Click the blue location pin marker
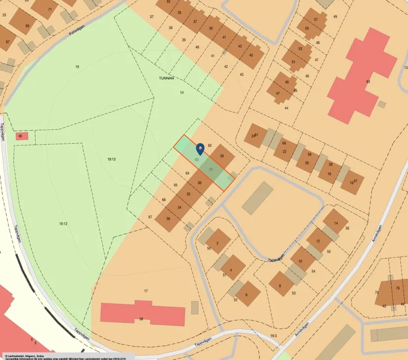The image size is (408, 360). (x=200, y=148)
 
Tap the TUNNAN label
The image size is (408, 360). (x=166, y=78)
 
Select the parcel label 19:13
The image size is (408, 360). (x=111, y=159)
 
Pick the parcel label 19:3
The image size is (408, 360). (x=273, y=336)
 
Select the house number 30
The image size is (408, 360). (x=199, y=183)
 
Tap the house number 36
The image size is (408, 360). (x=168, y=219)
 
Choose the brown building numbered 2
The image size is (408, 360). (x=218, y=242)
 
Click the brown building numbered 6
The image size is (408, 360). (x=246, y=295)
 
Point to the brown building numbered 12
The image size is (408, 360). (x=317, y=241)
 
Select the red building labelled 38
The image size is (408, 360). (x=142, y=314)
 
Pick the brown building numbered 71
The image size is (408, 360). (x=47, y=8)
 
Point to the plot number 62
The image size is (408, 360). (x=210, y=145)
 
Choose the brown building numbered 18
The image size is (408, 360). (x=329, y=174)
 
